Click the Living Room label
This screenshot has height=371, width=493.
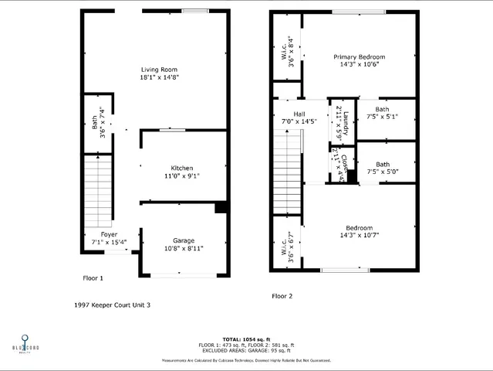point(159,70)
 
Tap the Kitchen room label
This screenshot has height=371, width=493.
point(182,168)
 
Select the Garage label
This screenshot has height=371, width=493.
point(183,240)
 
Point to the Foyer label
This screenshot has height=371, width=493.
point(109,233)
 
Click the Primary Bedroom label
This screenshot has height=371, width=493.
point(359,57)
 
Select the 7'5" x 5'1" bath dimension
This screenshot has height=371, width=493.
point(382,117)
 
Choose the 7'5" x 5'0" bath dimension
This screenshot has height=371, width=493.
point(382,172)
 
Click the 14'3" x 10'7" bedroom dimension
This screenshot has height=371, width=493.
point(359,235)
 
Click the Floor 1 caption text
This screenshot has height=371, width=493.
point(93,277)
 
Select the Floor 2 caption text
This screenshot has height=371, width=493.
point(283,296)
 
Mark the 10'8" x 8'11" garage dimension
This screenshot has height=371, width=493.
point(183,249)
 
